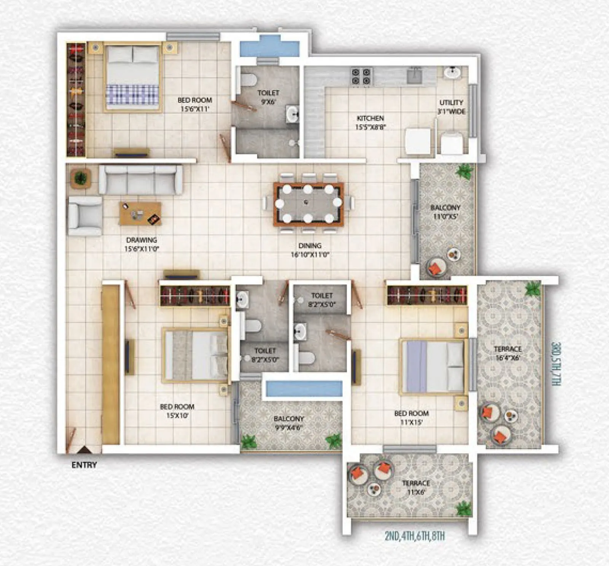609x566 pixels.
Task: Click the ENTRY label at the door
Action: tap(84, 465)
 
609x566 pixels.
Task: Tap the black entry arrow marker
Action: tap(84, 450)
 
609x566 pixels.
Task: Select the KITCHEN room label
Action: tap(370, 118)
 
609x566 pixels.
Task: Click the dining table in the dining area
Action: tap(308, 204)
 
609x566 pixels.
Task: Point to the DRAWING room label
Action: tap(142, 240)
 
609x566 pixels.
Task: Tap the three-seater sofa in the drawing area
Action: tap(140, 180)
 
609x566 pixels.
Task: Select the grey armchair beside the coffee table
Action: tap(85, 216)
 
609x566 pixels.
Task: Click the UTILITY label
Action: tap(451, 103)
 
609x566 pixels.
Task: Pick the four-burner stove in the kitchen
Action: tap(361, 76)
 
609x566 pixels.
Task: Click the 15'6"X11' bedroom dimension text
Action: tap(194, 109)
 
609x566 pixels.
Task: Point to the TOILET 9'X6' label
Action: tap(268, 97)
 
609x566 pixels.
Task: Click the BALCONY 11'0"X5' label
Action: tap(445, 212)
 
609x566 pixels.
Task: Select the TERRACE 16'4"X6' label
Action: tap(508, 353)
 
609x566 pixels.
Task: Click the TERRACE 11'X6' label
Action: tap(416, 487)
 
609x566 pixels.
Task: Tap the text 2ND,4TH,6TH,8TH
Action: tap(415, 536)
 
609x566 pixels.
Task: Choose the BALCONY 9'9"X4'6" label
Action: tap(289, 423)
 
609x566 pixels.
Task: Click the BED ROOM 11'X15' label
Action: tap(411, 417)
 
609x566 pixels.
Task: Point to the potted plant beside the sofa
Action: tap(80, 178)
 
